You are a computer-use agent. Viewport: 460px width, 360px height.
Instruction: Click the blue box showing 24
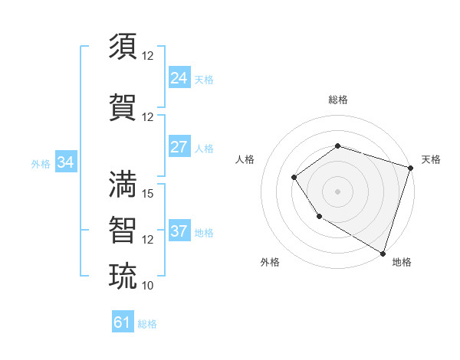[x=179, y=77]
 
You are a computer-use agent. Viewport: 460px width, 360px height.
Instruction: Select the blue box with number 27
[x=179, y=147]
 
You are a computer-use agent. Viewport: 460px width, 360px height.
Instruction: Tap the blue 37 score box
[x=179, y=231]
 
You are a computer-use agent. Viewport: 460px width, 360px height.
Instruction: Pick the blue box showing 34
[x=65, y=162]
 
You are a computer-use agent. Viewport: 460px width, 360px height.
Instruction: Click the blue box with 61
[x=123, y=322]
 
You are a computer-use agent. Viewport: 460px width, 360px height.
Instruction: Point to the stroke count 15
[x=148, y=194]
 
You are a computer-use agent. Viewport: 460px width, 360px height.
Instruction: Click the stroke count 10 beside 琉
[x=148, y=286]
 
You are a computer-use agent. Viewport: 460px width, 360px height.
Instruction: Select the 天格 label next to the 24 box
[x=204, y=79]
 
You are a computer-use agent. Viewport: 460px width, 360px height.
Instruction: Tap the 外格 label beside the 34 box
[x=41, y=163]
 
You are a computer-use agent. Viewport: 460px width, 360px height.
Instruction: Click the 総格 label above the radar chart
[x=337, y=100]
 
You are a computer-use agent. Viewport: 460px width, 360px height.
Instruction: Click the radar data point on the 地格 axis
[x=383, y=253]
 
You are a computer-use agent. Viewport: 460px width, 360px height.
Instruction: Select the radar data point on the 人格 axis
[x=294, y=178]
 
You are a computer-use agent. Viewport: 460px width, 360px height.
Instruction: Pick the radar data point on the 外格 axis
[x=319, y=218]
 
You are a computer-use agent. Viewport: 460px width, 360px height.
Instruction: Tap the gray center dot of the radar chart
[x=337, y=191]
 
